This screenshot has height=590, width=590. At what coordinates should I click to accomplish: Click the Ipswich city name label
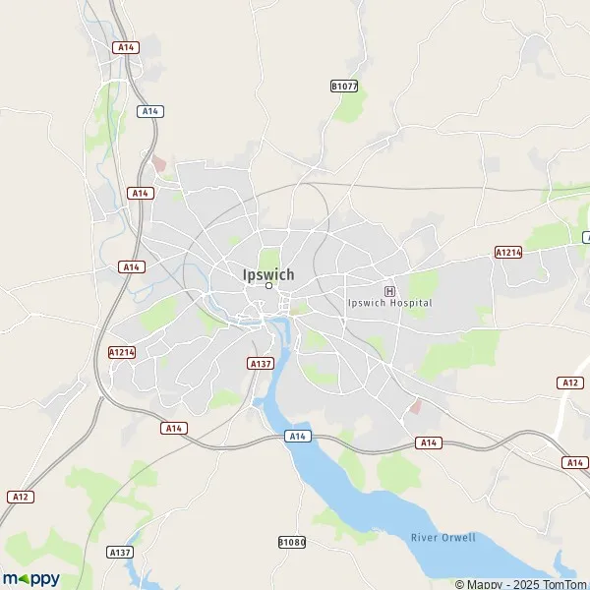[x=268, y=274]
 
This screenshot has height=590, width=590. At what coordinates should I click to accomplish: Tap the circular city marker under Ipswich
[x=268, y=286]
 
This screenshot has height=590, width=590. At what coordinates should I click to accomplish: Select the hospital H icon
[x=389, y=291]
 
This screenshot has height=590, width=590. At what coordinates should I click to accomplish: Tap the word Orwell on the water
[x=458, y=537]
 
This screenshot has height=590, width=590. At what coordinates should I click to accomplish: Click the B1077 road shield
[x=343, y=87]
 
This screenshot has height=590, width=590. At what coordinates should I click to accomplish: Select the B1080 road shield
[x=292, y=542]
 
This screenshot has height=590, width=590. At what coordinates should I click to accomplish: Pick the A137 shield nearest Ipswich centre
[x=260, y=363]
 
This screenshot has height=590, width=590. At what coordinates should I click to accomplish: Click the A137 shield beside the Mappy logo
[x=120, y=553]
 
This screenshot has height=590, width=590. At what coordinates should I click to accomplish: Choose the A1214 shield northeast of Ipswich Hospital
[x=507, y=253]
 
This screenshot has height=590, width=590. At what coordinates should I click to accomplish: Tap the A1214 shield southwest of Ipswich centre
[x=121, y=351]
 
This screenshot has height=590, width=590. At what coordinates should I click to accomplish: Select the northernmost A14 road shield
[x=125, y=47]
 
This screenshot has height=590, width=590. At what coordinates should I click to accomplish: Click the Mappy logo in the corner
[x=30, y=578]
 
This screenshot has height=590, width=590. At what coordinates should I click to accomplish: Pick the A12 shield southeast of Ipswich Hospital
[x=569, y=382]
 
